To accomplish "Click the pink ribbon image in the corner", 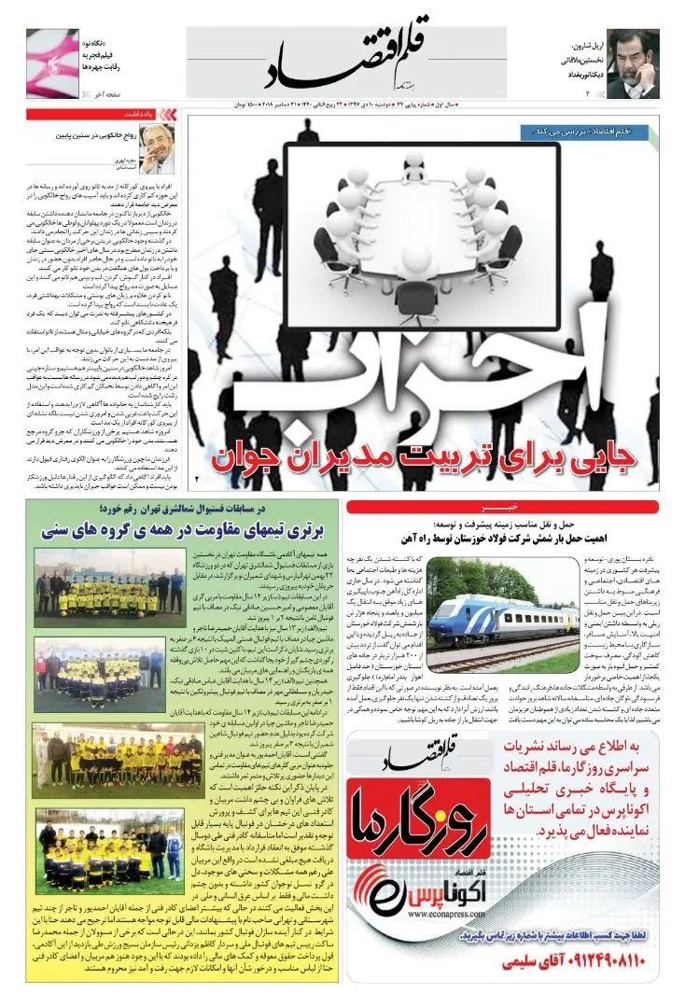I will click(52, 63).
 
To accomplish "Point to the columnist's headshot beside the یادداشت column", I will click(157, 143).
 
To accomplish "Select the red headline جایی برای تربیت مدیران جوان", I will click(425, 457).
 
